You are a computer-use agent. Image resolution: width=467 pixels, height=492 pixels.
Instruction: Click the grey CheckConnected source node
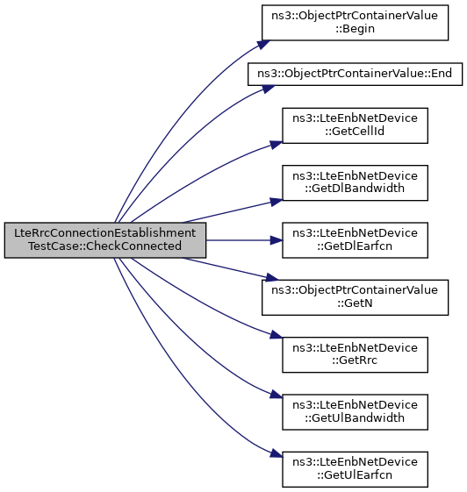105,240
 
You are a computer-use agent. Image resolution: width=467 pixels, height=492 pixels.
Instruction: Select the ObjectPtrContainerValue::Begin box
355,23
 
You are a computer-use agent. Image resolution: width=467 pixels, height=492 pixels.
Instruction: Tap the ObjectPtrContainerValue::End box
355,74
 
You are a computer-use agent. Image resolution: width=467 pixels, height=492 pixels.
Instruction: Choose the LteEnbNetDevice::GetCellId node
355,125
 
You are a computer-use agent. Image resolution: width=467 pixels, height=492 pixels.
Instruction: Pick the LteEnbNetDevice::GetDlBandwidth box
355,183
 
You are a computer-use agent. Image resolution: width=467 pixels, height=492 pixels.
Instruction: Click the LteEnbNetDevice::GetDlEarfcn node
355,240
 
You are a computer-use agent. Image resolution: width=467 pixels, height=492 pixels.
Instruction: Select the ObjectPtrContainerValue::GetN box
355,297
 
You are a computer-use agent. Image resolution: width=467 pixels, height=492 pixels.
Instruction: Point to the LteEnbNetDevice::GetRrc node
355,355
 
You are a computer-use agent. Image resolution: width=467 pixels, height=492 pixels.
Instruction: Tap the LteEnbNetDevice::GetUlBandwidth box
355,412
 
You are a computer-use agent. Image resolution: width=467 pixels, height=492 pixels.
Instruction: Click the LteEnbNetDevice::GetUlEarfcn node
355,469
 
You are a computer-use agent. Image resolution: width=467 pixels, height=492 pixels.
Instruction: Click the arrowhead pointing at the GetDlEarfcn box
277,240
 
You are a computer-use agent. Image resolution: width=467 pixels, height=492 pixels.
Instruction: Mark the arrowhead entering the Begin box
264,44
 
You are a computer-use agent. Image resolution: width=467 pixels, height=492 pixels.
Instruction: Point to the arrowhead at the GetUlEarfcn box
277,454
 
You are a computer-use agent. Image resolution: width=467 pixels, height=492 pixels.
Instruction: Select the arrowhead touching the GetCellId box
277,145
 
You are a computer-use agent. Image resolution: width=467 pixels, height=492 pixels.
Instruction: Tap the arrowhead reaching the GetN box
272,277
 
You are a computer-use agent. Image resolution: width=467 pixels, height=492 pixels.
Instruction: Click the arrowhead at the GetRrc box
277,335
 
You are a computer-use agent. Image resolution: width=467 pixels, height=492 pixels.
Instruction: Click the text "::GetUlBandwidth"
355,418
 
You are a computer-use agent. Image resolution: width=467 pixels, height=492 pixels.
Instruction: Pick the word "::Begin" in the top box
355,29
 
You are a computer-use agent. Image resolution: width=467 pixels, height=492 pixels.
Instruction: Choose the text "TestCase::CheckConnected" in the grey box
104,246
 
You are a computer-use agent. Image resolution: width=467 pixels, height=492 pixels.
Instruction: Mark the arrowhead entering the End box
269,89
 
